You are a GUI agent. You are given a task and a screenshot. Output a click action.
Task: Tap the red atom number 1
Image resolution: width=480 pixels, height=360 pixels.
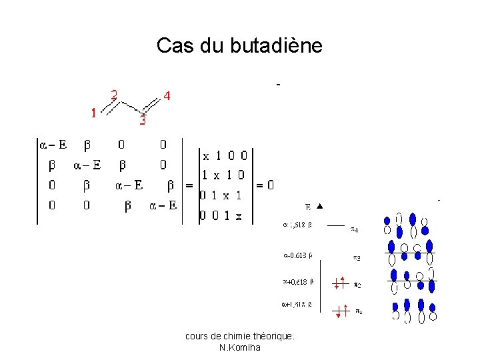tap(95, 113)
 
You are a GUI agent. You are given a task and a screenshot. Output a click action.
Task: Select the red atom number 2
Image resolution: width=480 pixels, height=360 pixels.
tap(114, 95)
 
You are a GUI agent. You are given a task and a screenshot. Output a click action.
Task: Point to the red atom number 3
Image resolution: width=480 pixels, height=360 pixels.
tap(142, 121)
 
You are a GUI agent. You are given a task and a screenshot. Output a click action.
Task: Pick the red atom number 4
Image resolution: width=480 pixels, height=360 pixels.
tap(167, 96)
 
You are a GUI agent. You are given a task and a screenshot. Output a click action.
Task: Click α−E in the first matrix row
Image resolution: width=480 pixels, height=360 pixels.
tap(53, 144)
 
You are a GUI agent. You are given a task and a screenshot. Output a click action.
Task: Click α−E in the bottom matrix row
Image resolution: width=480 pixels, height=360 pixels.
tap(162, 205)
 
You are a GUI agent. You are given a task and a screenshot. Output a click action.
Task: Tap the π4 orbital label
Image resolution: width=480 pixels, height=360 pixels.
tap(355, 230)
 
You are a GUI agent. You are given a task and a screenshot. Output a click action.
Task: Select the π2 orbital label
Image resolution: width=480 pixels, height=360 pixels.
tap(357, 285)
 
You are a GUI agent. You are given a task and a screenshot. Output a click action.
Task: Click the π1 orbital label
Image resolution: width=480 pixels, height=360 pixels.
tap(358, 310)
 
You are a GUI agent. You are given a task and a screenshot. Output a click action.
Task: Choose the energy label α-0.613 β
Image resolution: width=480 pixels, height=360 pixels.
tap(299, 254)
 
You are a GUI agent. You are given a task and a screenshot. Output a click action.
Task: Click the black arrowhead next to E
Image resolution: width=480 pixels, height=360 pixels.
tap(319, 207)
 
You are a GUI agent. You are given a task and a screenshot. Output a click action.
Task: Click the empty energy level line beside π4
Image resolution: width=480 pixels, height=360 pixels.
tap(336, 225)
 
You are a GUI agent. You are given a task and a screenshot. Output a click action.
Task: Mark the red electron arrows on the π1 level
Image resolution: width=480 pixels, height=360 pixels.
tap(341, 311)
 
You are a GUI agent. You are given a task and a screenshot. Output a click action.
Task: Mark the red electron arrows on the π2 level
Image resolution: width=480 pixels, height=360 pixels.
tap(340, 283)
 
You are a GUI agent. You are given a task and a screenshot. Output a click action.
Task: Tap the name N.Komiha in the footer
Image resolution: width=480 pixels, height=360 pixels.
tap(239, 347)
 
